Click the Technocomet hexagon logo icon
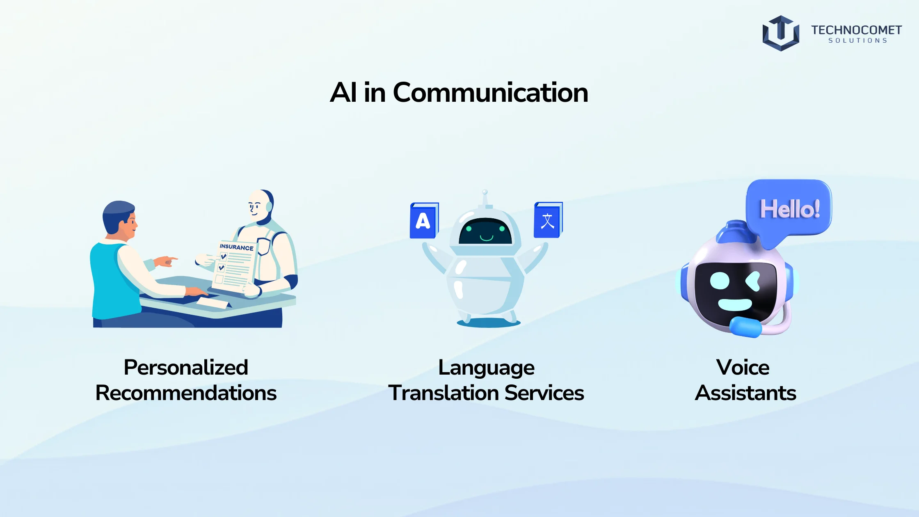[x=781, y=33]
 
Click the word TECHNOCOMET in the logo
[x=856, y=30]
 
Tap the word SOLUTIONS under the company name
[x=858, y=41]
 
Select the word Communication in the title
[x=491, y=92]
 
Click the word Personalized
[x=186, y=367]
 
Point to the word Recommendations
[x=186, y=393]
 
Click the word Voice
[x=743, y=367]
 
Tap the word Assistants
[x=745, y=393]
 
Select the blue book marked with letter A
[x=424, y=220]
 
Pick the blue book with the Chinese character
[x=548, y=220]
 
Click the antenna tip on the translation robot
[x=485, y=192]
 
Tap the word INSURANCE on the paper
[x=236, y=247]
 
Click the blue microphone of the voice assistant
[x=745, y=327]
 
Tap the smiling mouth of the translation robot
[x=486, y=238]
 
